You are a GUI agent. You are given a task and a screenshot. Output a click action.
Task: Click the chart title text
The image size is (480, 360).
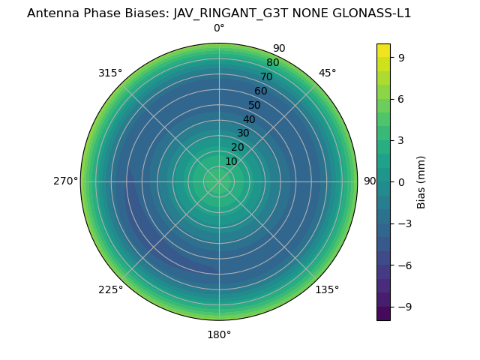(219, 13)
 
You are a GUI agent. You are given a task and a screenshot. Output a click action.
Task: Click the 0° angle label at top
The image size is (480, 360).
(219, 28)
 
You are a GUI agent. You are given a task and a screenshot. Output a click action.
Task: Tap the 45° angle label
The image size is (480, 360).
(327, 73)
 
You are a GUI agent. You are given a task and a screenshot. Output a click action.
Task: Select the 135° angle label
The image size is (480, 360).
(327, 289)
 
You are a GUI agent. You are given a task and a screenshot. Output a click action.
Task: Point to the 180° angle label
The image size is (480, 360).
(219, 334)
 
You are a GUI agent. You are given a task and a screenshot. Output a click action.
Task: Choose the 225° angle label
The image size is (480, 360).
(110, 289)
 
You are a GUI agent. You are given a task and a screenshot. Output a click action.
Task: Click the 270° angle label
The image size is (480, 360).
(65, 181)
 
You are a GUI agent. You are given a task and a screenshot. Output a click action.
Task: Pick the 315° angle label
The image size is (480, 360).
(110, 73)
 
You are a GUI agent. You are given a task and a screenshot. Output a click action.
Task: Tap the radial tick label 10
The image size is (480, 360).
(231, 161)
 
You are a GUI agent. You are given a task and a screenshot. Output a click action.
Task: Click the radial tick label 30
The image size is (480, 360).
(243, 133)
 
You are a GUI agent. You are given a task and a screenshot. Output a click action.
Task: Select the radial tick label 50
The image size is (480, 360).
(255, 105)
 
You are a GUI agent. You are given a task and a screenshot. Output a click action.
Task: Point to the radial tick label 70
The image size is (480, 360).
(266, 76)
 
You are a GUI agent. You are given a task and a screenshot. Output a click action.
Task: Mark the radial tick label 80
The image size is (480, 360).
(272, 62)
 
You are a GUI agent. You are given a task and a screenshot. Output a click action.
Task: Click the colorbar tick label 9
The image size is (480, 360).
(402, 57)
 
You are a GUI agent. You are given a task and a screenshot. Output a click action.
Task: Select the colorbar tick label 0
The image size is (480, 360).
(402, 181)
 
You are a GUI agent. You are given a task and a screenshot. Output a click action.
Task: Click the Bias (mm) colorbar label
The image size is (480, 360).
(421, 181)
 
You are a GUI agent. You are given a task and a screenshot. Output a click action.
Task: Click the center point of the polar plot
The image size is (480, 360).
(219, 181)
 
